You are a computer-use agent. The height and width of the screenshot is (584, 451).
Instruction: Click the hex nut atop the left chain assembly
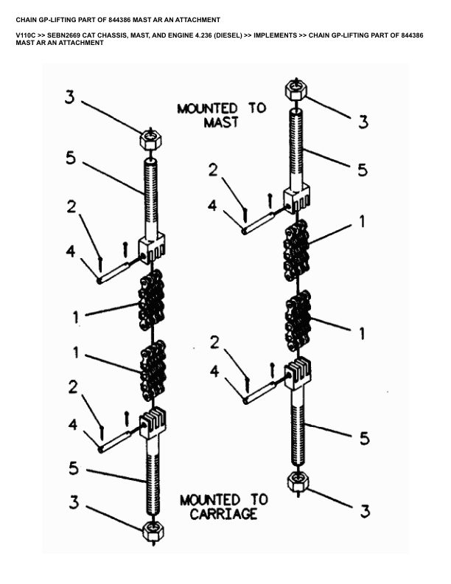151,139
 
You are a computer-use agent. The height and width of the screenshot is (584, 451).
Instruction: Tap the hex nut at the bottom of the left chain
153,530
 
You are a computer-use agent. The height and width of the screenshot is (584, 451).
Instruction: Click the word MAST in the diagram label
220,122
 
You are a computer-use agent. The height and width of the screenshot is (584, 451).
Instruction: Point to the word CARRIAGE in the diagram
223,514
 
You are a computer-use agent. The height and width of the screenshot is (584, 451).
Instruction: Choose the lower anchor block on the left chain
153,425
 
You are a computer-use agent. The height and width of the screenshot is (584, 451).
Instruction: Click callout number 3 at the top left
69,97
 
